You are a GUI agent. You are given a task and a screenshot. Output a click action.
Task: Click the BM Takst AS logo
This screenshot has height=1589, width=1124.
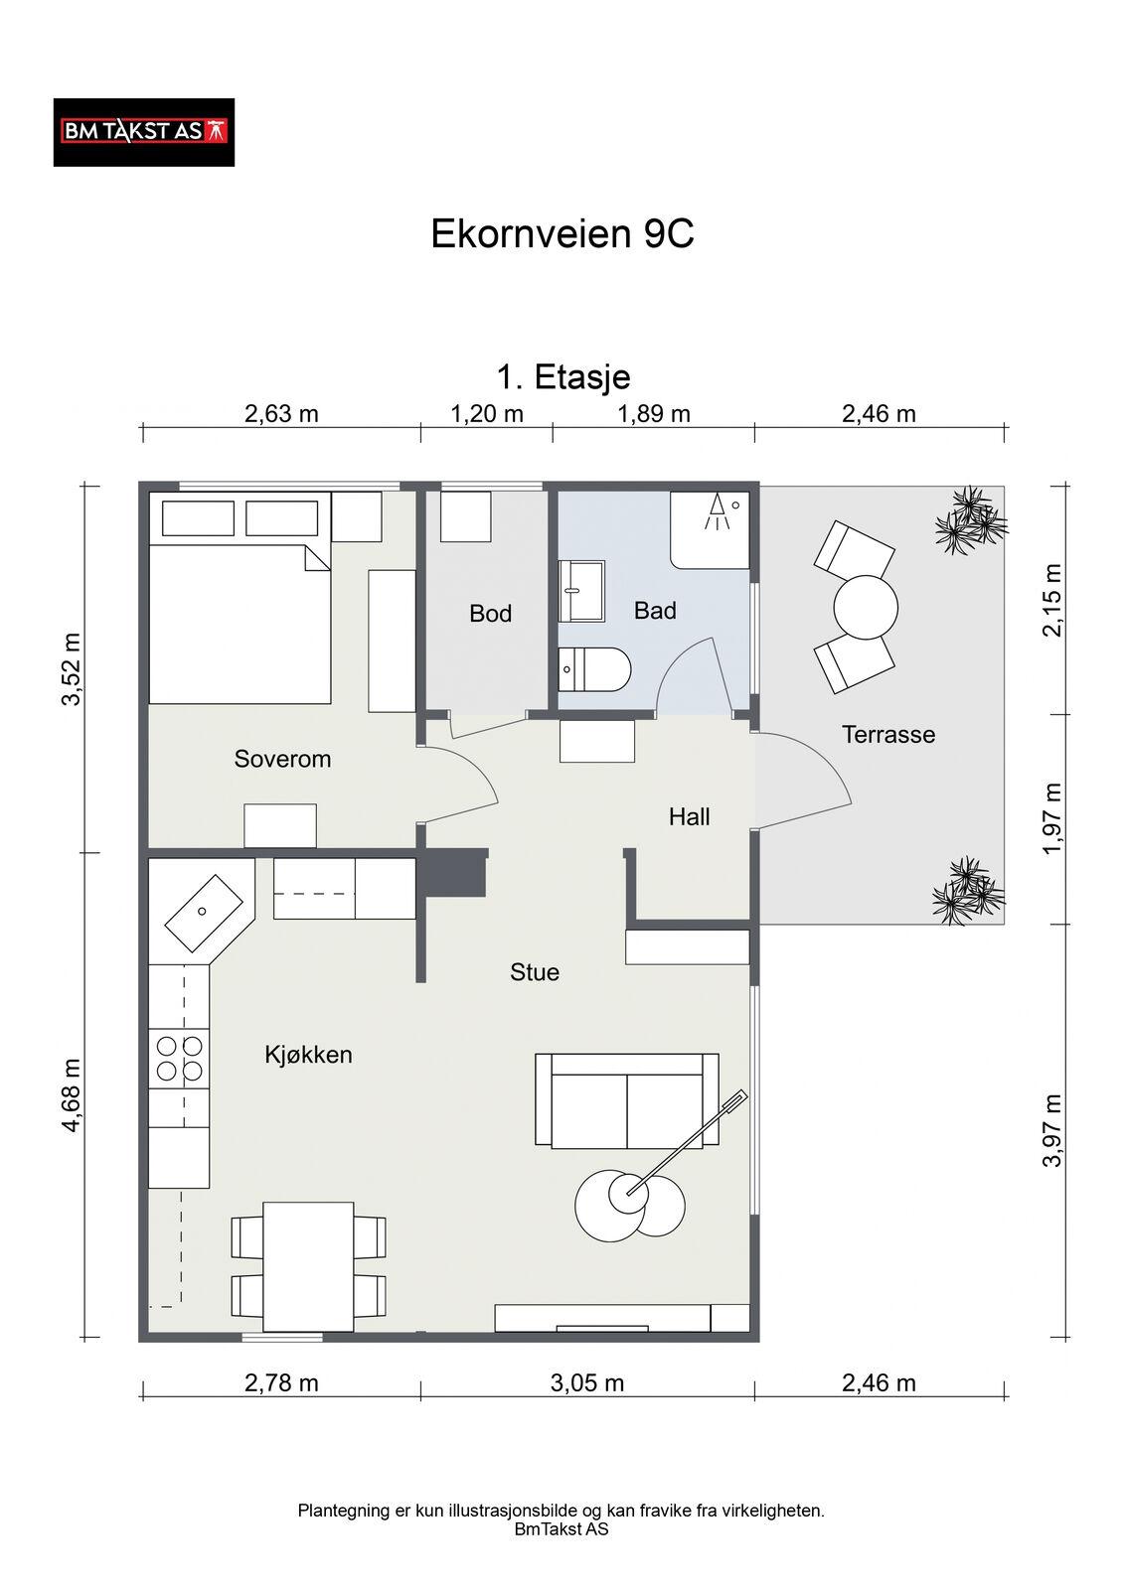[143, 133]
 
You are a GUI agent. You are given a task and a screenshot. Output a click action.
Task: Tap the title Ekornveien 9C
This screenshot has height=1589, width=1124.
[562, 233]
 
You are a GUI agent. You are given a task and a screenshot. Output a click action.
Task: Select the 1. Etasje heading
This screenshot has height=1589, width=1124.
[563, 376]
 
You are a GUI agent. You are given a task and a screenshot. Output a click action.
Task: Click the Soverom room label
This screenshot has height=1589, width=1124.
[282, 759]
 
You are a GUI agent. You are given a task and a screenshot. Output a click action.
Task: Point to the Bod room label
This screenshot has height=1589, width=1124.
[490, 614]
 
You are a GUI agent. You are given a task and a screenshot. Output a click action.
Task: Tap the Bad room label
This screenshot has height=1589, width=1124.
[655, 611]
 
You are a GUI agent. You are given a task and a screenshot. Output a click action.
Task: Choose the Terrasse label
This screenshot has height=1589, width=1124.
[888, 734]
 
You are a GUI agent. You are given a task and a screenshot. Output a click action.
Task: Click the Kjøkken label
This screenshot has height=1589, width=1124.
[308, 1055]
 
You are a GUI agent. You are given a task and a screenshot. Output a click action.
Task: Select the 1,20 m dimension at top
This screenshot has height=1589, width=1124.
[487, 413]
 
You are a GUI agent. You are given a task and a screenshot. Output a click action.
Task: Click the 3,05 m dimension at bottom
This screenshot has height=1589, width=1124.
[587, 1382]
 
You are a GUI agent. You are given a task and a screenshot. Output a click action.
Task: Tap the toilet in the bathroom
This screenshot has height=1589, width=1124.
[594, 669]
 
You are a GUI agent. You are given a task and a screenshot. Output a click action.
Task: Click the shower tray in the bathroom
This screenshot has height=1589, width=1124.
[710, 529]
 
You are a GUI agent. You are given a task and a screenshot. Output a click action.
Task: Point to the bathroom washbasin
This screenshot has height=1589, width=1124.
[581, 591]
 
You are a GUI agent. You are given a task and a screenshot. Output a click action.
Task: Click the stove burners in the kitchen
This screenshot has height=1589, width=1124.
[179, 1059]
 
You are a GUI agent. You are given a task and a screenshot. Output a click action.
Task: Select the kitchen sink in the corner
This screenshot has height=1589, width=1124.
[204, 913]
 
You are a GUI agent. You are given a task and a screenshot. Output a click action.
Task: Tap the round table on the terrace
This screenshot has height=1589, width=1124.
[866, 607]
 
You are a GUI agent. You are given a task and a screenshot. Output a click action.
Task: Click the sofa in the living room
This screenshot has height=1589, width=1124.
[627, 1101]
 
